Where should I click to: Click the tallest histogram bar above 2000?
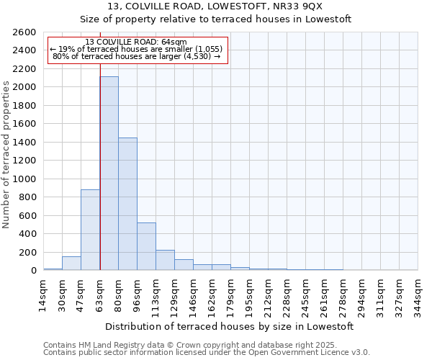tap(109, 173)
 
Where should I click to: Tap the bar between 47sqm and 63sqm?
tap(90, 230)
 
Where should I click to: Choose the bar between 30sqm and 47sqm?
tap(71, 264)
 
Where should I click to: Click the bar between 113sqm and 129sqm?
tap(165, 260)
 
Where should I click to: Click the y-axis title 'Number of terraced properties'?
tap(6, 154)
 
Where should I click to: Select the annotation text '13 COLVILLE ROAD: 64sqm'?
tap(135, 42)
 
